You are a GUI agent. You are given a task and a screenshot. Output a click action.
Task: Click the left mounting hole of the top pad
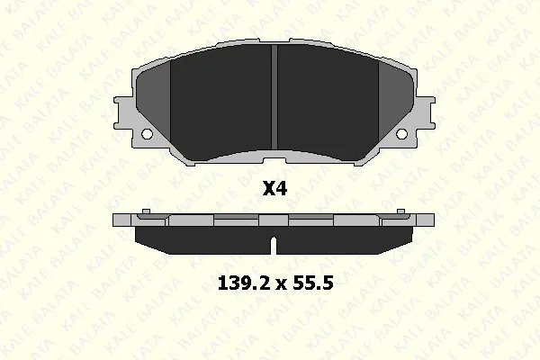coord(147,133)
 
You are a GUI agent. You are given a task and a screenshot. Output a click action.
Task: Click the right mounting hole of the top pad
coord(401,133)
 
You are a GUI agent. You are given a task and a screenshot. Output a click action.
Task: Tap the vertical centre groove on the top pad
coord(274,97)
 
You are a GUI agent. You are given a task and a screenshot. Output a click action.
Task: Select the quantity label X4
coord(274,189)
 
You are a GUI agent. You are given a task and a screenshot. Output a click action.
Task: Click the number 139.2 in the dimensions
coord(244,283)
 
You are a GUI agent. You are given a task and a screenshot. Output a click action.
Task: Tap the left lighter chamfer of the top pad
coord(154,100)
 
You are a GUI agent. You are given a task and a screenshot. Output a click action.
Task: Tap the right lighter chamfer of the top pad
coord(396,100)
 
